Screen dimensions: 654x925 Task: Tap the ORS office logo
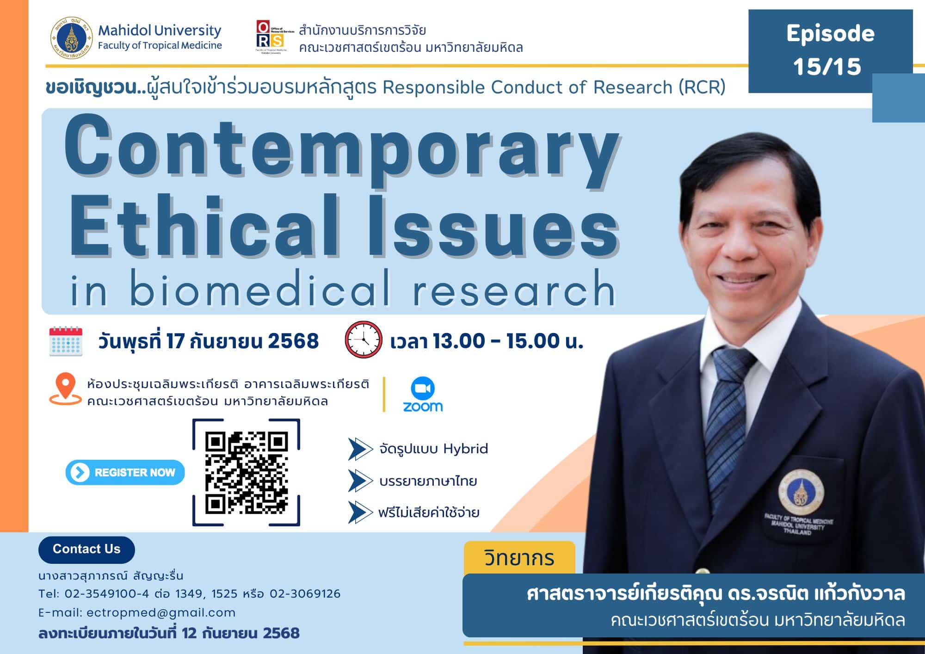point(270,37)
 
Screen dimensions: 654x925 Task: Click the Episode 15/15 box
point(830,50)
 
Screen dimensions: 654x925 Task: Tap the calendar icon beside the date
point(66,341)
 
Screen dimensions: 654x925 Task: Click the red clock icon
point(364,340)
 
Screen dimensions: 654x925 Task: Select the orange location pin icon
point(65,389)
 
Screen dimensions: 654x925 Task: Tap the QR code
point(246,472)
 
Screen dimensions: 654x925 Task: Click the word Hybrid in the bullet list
point(465,449)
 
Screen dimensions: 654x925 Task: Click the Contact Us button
point(86,549)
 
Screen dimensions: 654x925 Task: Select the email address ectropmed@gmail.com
point(161,613)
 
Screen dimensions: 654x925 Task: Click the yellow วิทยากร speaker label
point(519,558)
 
